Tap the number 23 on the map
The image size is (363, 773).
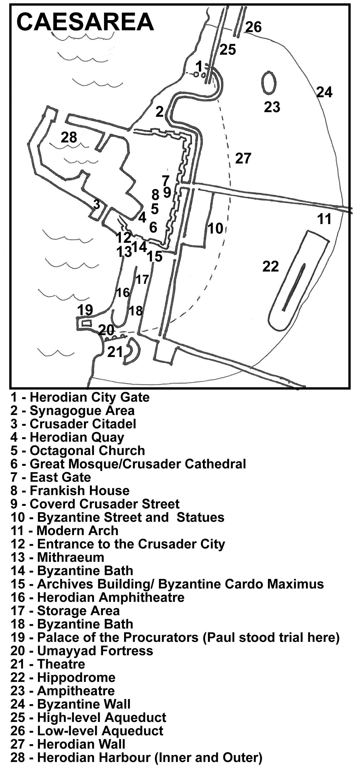[272, 107]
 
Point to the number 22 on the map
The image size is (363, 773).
[271, 266]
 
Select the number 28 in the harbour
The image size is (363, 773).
[69, 138]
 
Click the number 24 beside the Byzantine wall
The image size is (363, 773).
[324, 92]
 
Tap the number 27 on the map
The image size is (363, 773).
[243, 158]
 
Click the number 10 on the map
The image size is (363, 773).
[215, 228]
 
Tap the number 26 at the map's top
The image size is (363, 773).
[253, 27]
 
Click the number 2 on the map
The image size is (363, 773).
[160, 112]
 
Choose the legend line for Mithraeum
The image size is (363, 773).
[57, 557]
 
